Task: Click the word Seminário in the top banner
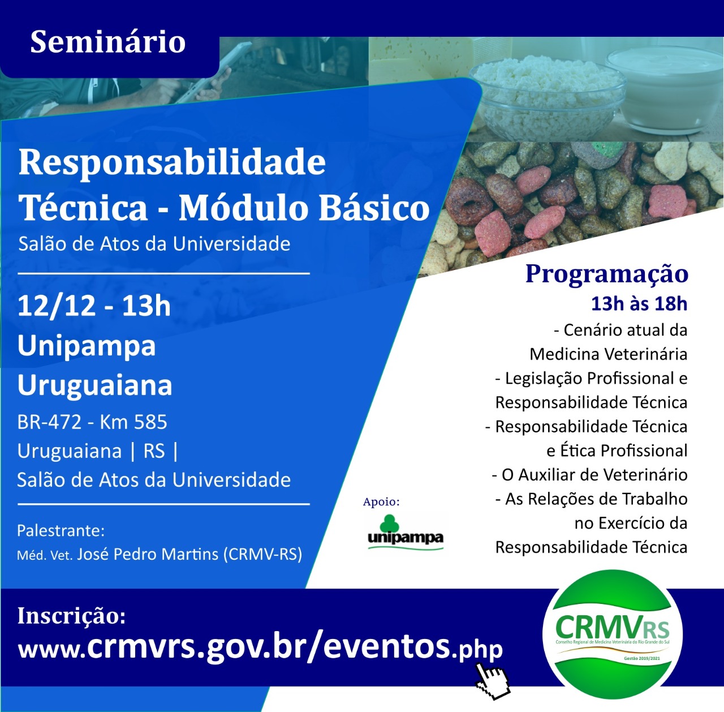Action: coord(108,41)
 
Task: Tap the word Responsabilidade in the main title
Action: coord(172,163)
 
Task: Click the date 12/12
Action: coord(57,306)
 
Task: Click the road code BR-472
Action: coord(49,422)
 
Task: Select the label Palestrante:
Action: coord(61,531)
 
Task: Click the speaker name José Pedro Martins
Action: coord(148,554)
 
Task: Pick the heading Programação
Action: coord(607,273)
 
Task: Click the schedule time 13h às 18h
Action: coord(639,304)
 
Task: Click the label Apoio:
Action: coord(381,502)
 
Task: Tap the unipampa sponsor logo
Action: coord(406,532)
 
